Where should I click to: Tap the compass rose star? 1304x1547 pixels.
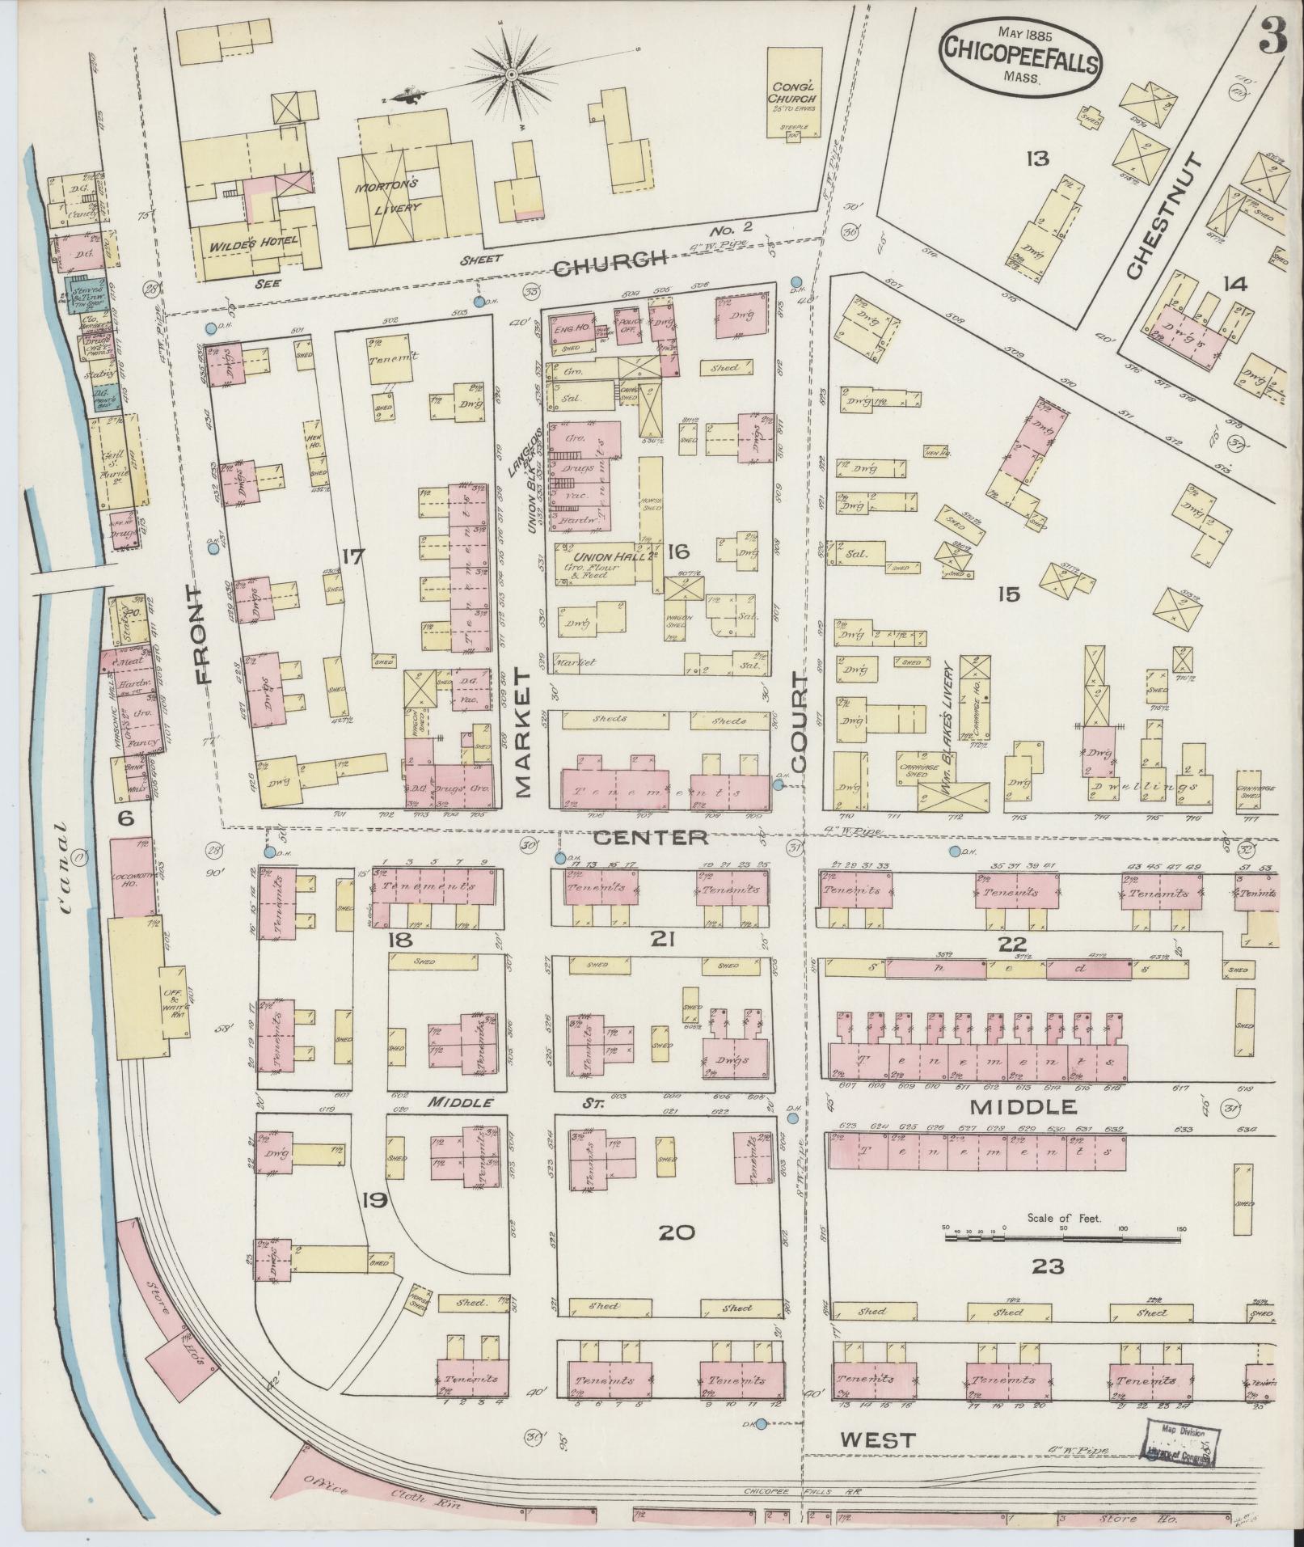click(x=512, y=75)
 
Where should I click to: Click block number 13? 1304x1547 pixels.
click(x=1036, y=159)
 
